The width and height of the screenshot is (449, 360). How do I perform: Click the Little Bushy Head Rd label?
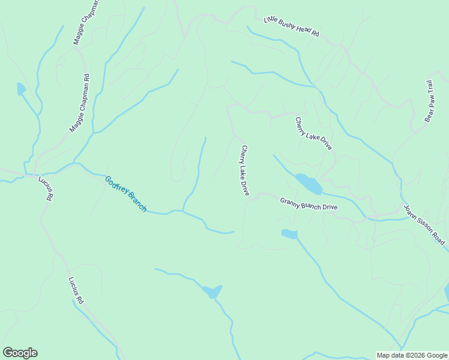click(292, 27)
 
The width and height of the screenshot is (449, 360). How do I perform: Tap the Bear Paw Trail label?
click(430, 101)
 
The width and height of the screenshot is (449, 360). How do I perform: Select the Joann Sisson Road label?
click(424, 224)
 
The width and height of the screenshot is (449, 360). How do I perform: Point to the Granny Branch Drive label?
click(309, 204)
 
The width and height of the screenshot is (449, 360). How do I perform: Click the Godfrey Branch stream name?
click(125, 193)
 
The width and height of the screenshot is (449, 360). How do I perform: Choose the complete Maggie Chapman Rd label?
click(79, 103)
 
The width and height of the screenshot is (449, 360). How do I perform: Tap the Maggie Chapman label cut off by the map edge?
click(85, 23)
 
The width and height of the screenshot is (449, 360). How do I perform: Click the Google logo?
click(20, 353)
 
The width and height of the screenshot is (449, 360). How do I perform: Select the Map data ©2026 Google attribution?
click(412, 355)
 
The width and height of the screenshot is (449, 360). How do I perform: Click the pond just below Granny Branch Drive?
click(289, 234)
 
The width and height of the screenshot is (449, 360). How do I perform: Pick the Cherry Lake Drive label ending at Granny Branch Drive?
click(245, 170)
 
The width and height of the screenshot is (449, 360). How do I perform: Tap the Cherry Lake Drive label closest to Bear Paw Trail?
click(313, 133)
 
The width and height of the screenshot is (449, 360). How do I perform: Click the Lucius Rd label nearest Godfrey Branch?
click(46, 188)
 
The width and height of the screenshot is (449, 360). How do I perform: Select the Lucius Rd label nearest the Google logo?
click(76, 289)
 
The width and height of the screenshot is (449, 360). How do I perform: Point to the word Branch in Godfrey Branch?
click(135, 202)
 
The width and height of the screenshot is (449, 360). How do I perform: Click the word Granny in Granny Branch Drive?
click(291, 201)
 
